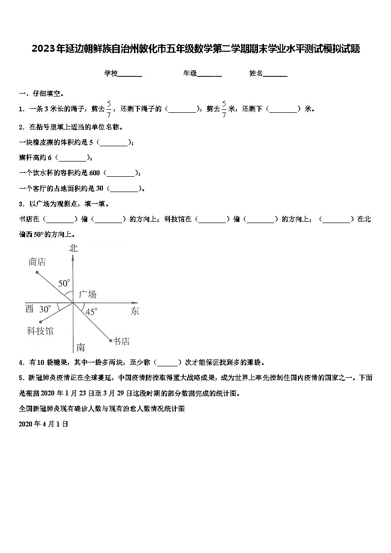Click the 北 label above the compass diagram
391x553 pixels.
(73, 249)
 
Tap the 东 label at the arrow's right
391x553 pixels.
(135, 311)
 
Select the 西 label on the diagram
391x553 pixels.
(30, 309)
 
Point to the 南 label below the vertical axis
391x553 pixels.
(80, 348)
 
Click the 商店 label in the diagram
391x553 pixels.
(37, 262)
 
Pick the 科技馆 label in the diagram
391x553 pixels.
(40, 331)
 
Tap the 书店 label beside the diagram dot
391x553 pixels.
(121, 341)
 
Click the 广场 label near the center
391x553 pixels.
(87, 294)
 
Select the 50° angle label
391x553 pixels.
(64, 283)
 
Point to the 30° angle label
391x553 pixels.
(45, 309)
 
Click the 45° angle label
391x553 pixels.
(92, 311)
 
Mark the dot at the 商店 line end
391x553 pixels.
(37, 272)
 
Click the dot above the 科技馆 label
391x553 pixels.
(40, 322)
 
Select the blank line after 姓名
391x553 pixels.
(275, 74)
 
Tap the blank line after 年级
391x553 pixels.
(209, 74)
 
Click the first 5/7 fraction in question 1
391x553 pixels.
(109, 109)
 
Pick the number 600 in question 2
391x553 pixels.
(95, 173)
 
